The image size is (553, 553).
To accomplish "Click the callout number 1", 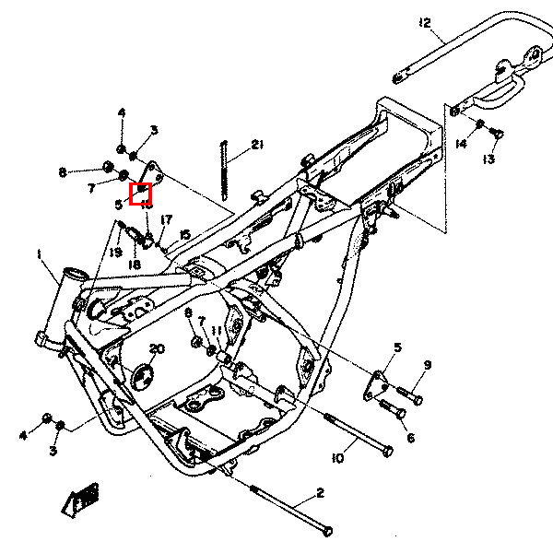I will coord(40,253).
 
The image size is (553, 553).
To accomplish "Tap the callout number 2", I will coord(320,493).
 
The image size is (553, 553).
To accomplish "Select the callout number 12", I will coord(424,22).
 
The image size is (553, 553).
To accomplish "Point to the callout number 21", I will coord(257,145).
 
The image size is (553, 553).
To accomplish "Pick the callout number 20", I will coord(157,349).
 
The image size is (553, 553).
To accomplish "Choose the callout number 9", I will coord(428,366).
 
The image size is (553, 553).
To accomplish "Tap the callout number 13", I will coord(488,159).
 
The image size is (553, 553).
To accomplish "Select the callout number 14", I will coord(461,144).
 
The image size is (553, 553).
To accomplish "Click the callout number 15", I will coord(185,235).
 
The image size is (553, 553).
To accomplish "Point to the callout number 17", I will coord(166,219).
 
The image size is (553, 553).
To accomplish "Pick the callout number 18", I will coord(135,265).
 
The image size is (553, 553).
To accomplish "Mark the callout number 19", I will coord(115,252).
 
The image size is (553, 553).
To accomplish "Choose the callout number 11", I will coord(217,330).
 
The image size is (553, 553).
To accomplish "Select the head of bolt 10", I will coord(386,451).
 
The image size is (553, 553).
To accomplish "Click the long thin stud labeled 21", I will coord(224,168).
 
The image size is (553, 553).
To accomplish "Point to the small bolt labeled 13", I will coord(498,136).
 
